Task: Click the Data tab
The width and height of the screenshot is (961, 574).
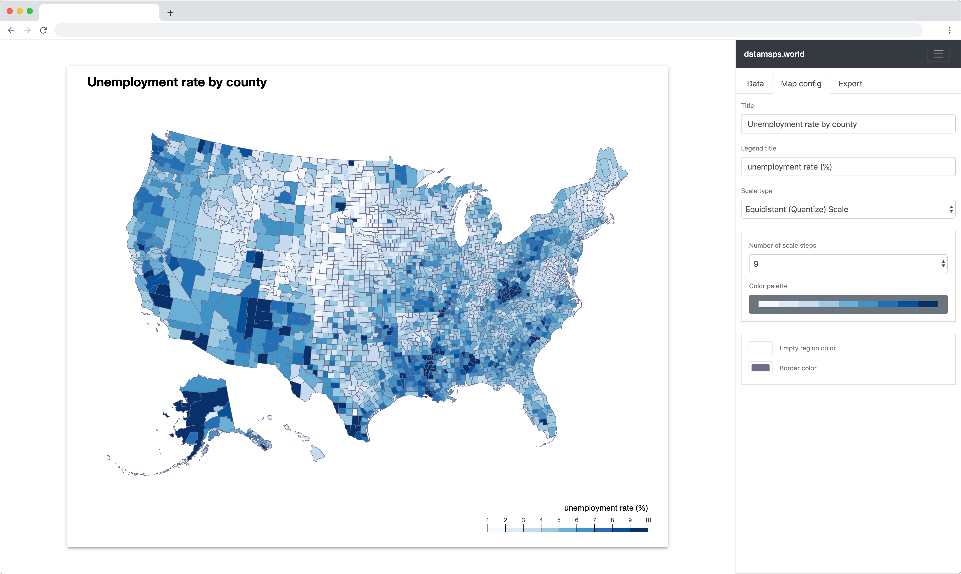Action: coord(755,84)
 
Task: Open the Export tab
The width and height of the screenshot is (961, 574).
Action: coord(850,84)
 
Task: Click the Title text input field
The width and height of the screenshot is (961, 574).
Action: coord(848,124)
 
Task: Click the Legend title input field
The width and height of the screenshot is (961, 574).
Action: coord(848,167)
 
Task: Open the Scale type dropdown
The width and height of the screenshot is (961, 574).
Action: coord(848,209)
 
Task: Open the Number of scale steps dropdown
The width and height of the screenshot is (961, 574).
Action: coord(848,264)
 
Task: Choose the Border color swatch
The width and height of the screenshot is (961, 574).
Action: coord(760,368)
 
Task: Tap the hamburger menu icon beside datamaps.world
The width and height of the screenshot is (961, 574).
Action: coord(938,54)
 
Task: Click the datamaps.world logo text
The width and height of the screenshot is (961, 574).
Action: coord(774,54)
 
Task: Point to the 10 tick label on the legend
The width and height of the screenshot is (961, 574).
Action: coord(648,520)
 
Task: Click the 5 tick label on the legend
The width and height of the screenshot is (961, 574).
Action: coord(559,520)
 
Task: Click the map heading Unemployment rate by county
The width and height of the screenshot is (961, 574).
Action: coord(177,82)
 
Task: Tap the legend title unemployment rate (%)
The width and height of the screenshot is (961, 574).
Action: coord(605,508)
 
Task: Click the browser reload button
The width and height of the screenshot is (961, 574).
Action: coord(43,30)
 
